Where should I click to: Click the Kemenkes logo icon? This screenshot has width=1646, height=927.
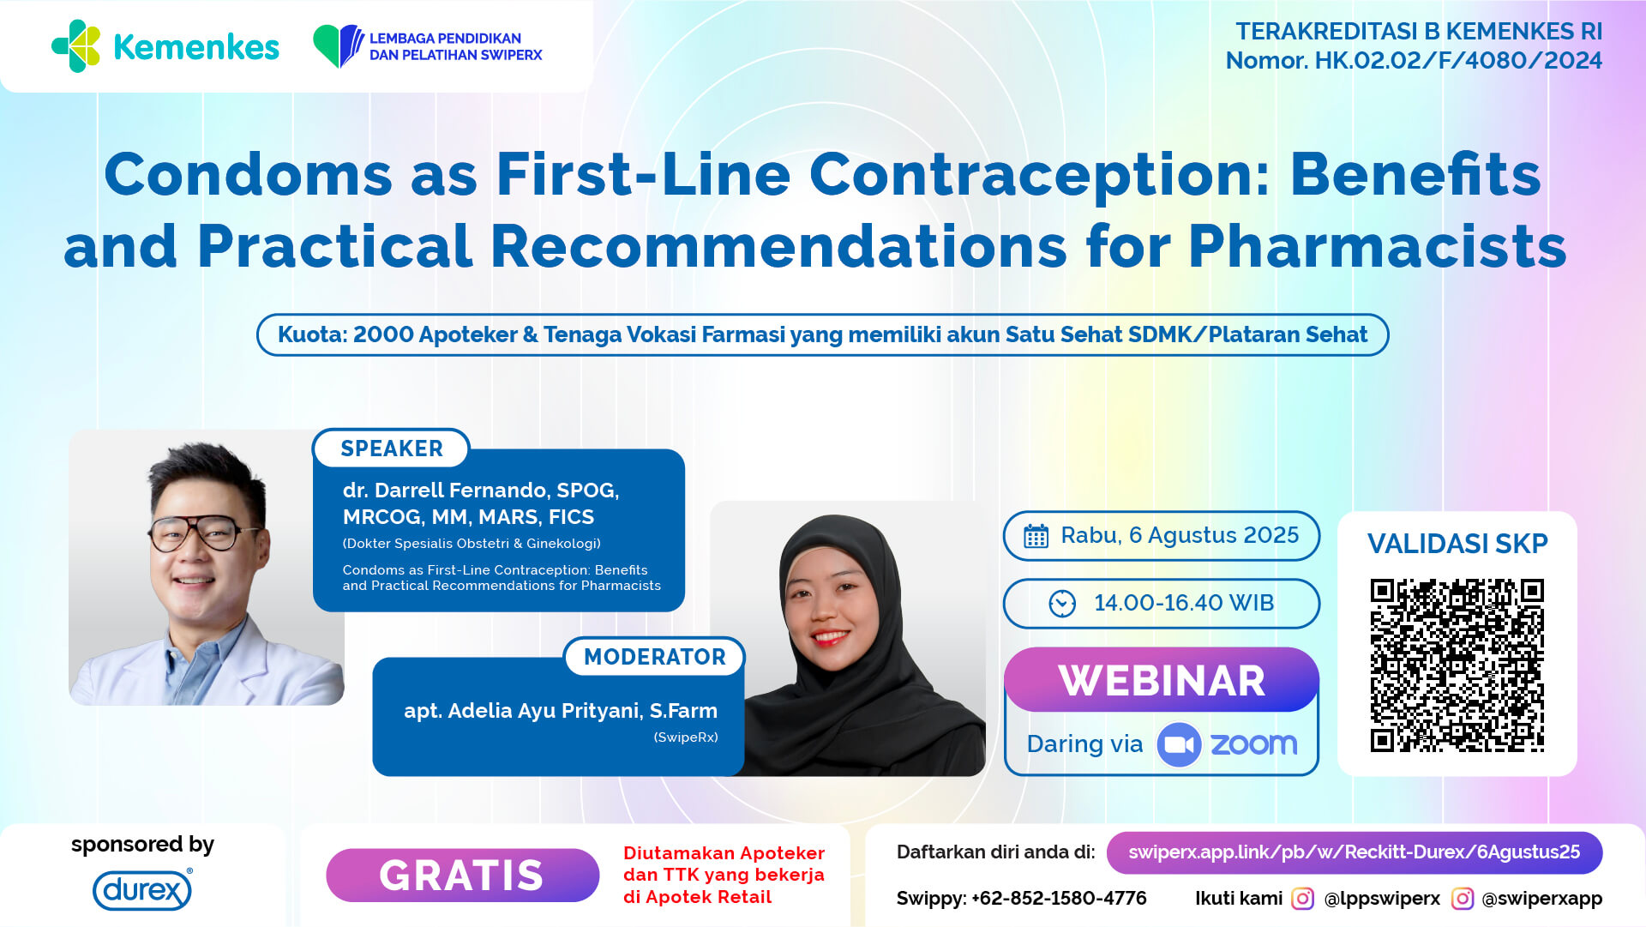click(76, 46)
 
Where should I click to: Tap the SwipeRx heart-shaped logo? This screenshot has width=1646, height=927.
click(339, 45)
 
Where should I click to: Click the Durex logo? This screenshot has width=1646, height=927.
click(142, 889)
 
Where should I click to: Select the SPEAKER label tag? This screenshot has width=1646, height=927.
click(392, 448)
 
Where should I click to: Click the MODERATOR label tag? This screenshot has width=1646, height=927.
click(655, 657)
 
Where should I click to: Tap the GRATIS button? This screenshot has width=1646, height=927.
click(462, 875)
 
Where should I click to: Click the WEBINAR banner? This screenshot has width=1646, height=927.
click(1162, 680)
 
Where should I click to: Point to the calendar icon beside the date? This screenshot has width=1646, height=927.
click(1036, 536)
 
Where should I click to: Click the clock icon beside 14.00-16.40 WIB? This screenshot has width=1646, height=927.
click(1062, 604)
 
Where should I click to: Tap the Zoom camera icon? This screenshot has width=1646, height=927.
click(1179, 744)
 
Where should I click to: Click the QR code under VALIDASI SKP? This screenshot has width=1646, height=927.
click(1457, 665)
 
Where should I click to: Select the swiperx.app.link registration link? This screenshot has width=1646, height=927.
click(1355, 852)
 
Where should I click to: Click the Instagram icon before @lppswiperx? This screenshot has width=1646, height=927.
click(1302, 898)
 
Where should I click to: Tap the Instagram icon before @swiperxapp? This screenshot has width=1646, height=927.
click(1463, 898)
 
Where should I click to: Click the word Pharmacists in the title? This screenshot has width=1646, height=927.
click(1377, 247)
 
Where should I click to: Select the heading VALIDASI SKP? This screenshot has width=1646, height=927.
click(1457, 544)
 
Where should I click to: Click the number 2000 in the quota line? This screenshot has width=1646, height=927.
click(383, 334)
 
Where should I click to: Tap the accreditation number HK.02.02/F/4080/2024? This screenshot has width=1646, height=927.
click(1458, 61)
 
